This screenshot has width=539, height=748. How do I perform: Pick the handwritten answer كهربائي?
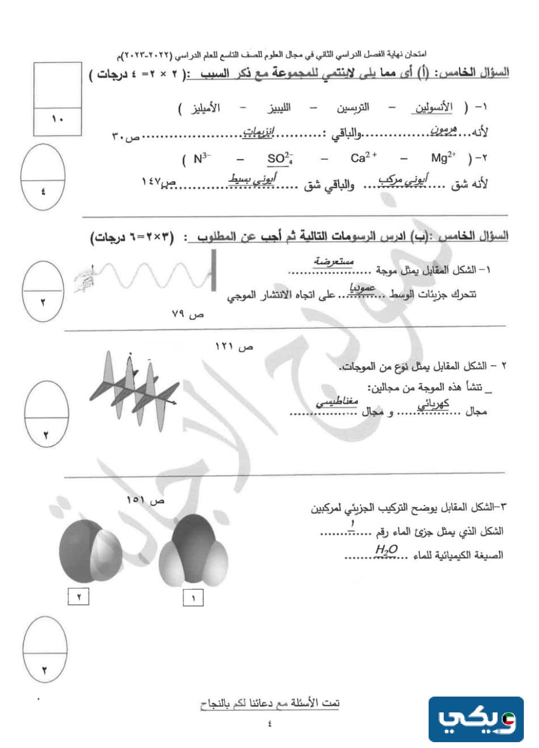pyautogui.click(x=434, y=404)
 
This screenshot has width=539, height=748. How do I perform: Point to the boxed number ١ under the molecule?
pyautogui.click(x=193, y=597)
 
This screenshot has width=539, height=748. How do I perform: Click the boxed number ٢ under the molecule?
pyautogui.click(x=79, y=597)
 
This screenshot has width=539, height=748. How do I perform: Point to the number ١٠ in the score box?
pyautogui.click(x=60, y=120)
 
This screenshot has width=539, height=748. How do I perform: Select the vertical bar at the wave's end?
pyautogui.click(x=214, y=270)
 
